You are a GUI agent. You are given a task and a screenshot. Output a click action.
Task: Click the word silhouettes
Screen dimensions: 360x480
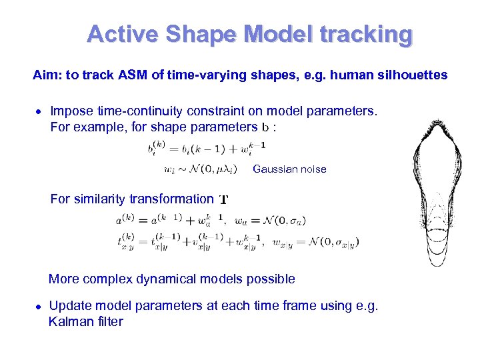click(x=413, y=75)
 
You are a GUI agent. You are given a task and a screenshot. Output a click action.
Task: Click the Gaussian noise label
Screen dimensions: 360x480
click(x=289, y=169)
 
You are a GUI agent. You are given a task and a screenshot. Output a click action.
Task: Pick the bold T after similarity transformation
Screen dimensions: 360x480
click(x=223, y=199)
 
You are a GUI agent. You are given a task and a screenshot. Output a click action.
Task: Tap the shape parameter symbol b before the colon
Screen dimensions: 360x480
click(x=265, y=127)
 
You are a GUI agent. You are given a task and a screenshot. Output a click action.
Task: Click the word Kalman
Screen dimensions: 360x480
click(x=69, y=322)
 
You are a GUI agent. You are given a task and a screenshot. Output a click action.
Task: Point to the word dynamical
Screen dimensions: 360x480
click(x=169, y=279)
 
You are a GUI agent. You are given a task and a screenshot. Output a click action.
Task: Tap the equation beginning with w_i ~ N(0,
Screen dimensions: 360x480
click(x=199, y=169)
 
